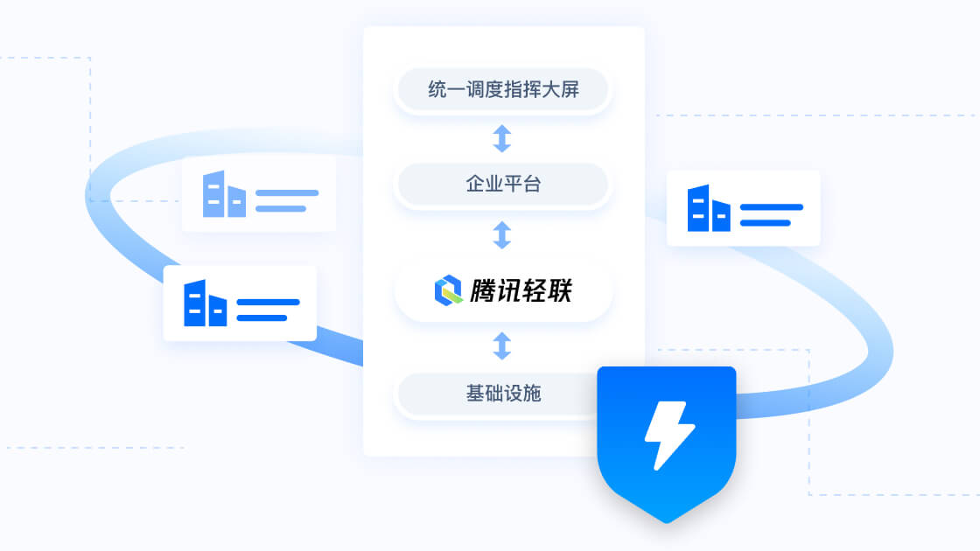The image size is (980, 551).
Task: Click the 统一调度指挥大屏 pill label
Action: point(503,89)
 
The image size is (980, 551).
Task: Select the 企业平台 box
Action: point(503,184)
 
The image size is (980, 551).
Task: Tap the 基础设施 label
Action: point(503,393)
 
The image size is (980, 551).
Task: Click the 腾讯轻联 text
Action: point(521,290)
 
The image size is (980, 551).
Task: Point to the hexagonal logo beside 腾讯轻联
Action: point(448,290)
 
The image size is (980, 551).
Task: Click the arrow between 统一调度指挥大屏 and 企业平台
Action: point(502,138)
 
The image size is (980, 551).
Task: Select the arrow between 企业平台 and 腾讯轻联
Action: point(502,235)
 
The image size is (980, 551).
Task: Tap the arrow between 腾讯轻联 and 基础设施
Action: point(502,345)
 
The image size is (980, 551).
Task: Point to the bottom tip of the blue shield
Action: point(667,522)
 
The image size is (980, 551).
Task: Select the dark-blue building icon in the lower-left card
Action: point(205,303)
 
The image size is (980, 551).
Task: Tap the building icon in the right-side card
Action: point(709,208)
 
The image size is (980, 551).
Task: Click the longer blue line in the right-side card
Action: point(771,206)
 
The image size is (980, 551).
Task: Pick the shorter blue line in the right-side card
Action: point(765,222)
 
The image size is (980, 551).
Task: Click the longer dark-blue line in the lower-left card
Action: point(268,303)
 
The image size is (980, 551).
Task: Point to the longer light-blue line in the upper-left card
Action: point(287,193)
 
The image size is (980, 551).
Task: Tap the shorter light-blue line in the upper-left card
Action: point(281,209)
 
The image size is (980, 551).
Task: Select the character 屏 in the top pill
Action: point(570,89)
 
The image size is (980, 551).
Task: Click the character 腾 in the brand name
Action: point(482,290)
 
